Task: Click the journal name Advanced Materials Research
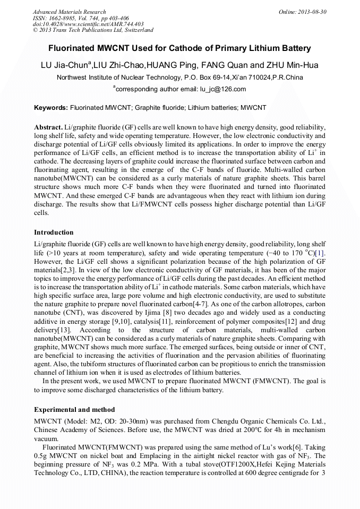[x=69, y=12]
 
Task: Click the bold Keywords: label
[x=51, y=108]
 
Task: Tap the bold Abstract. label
[x=48, y=128]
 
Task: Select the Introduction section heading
[x=54, y=232]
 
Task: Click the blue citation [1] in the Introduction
[x=320, y=254]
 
